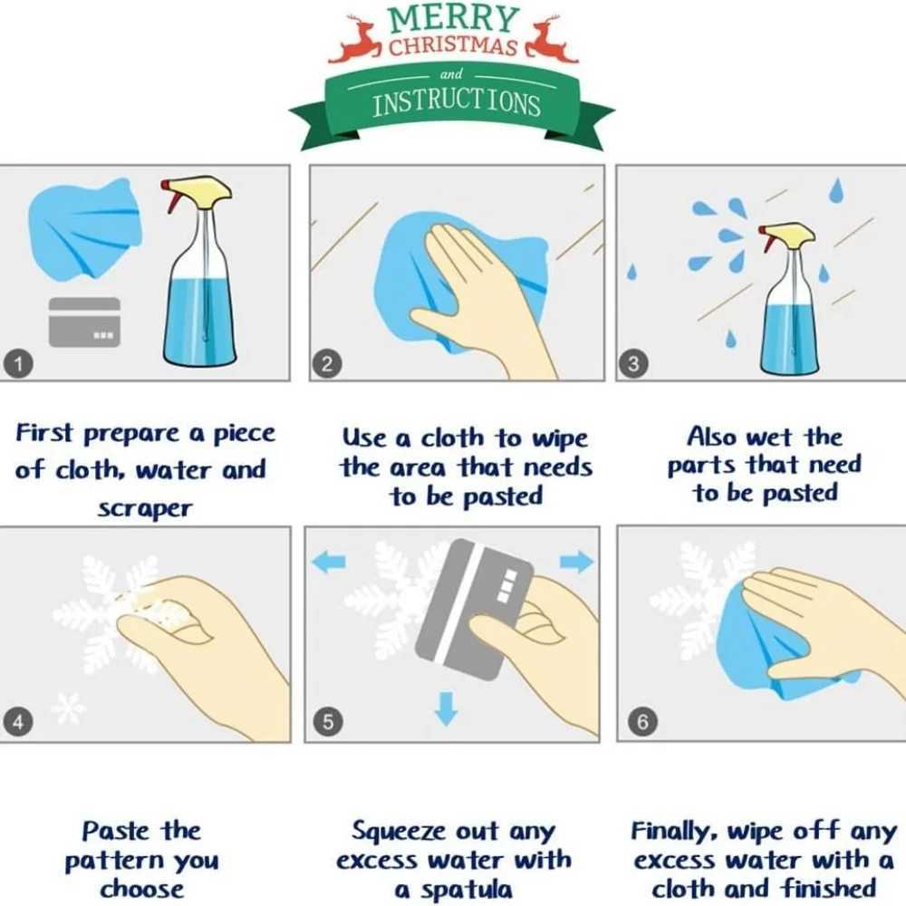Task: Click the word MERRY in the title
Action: click(453, 18)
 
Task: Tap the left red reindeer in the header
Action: click(356, 42)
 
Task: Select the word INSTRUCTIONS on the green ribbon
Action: click(457, 104)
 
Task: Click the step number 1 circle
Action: click(18, 364)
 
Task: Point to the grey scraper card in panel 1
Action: click(84, 323)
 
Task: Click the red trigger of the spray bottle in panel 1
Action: click(172, 197)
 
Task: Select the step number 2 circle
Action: click(327, 364)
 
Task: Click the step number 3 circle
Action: click(633, 364)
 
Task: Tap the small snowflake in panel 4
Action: click(68, 708)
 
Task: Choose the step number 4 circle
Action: click(18, 722)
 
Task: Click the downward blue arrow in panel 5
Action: click(446, 708)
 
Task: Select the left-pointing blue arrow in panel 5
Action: click(329, 562)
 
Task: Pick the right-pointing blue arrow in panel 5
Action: click(576, 562)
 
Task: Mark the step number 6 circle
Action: click(642, 722)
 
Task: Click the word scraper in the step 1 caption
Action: click(144, 509)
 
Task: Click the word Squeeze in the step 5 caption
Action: click(398, 833)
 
